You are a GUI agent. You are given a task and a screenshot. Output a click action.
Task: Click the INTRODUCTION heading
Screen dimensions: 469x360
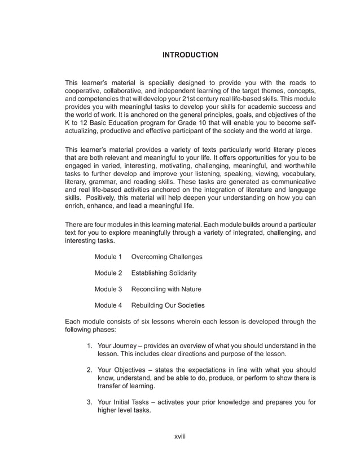coord(190,55)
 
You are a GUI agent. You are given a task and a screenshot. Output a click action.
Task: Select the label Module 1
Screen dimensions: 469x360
coord(108,257)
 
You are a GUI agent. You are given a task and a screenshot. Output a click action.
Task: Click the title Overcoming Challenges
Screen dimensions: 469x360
coord(166,257)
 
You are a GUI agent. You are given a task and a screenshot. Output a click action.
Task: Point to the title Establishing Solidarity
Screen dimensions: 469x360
coord(164,273)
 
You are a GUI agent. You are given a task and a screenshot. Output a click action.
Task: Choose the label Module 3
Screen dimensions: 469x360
coord(108,290)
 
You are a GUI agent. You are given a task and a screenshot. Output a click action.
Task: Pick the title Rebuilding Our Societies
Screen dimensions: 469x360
coord(168,306)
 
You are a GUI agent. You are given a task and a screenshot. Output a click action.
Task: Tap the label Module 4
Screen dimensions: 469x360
coord(108,306)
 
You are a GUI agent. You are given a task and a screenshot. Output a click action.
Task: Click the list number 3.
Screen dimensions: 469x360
coord(89,402)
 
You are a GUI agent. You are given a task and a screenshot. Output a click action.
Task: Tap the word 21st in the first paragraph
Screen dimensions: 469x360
coord(188,97)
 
